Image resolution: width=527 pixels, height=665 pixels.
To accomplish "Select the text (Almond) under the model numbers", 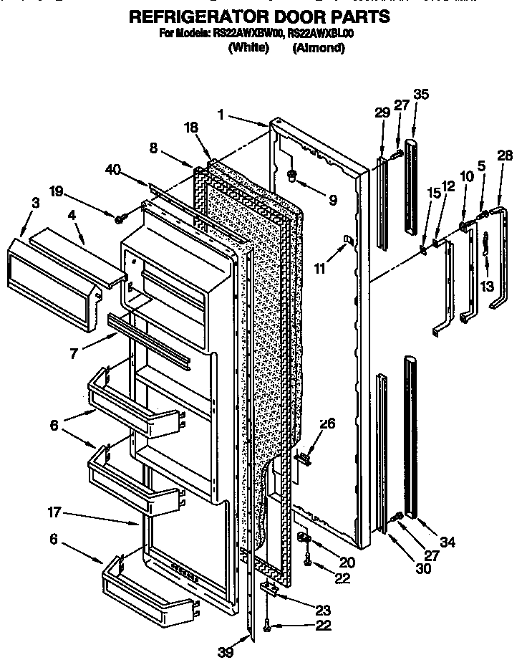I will [x=319, y=48].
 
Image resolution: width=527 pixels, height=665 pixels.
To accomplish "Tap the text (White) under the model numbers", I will [x=248, y=48].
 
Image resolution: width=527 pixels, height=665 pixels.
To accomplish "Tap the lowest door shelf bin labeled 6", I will [x=147, y=588].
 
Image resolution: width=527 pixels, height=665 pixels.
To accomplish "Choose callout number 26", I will [x=327, y=423].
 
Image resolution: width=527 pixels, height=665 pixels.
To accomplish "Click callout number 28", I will [x=505, y=155].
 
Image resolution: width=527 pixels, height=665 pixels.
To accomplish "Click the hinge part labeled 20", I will [x=304, y=537].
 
